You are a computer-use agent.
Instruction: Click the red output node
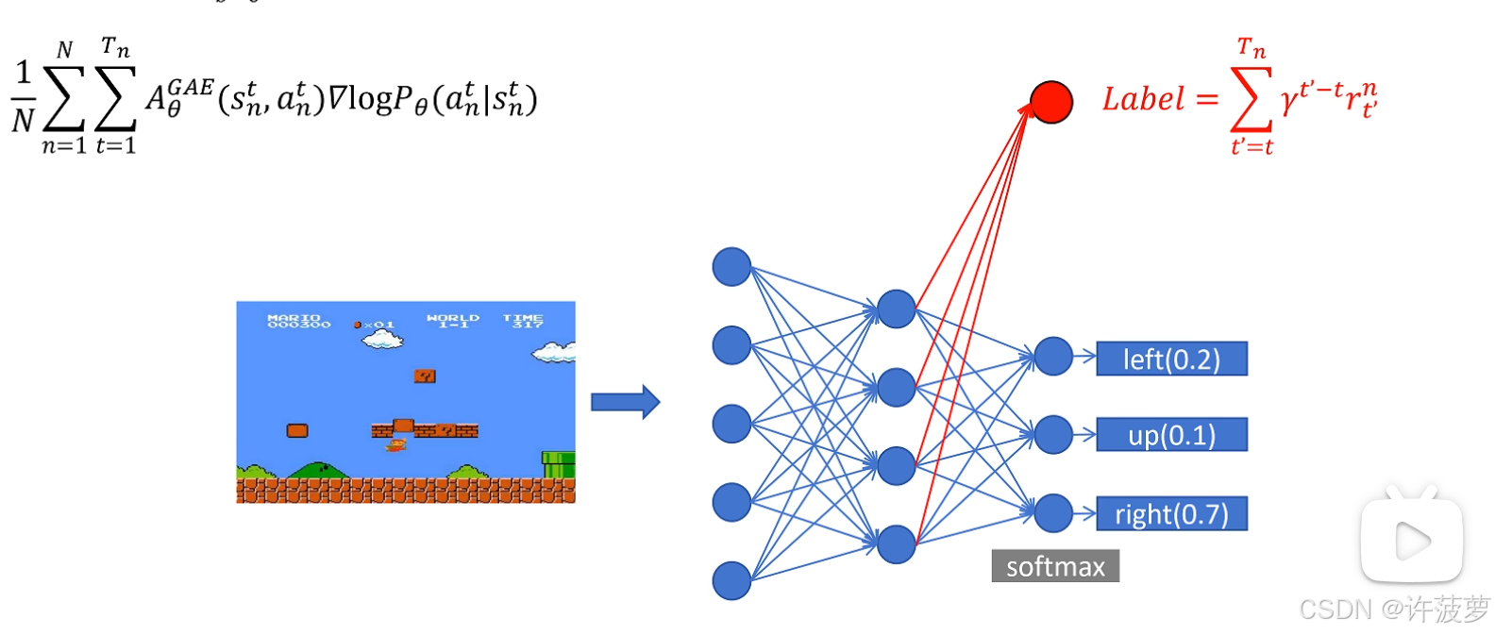point(1050,102)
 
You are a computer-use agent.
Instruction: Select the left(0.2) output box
point(1171,359)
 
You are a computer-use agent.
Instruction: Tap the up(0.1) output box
point(1171,435)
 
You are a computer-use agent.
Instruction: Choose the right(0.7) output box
point(1171,514)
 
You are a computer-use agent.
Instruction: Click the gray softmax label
point(1055,566)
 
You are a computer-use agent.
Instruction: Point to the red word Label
point(1143,99)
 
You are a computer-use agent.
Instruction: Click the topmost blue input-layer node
point(731,267)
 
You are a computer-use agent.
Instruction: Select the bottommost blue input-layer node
point(731,580)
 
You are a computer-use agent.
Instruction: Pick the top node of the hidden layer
point(896,309)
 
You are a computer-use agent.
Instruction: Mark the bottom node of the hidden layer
point(896,543)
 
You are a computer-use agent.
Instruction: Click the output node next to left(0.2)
point(1053,357)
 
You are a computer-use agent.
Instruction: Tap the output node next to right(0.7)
point(1053,513)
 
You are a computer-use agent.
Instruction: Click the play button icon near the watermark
point(1412,541)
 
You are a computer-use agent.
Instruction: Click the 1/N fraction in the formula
point(23,96)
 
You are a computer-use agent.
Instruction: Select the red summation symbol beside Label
point(1251,99)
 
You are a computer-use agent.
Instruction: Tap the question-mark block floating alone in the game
point(425,376)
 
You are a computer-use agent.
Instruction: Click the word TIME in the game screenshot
point(523,318)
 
